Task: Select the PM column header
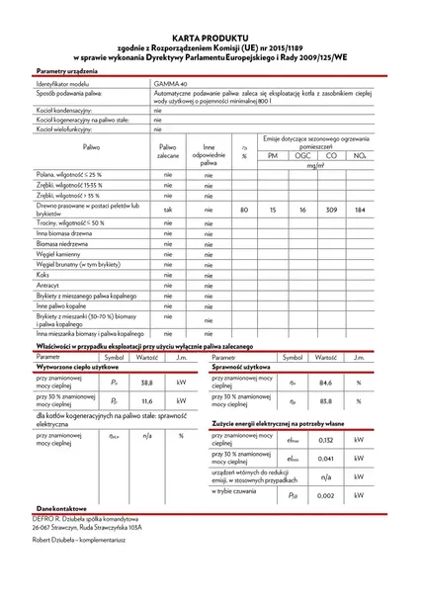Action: [x=274, y=156]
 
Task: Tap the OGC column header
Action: [x=302, y=156]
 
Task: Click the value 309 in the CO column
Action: [x=331, y=211]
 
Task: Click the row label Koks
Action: [x=45, y=275]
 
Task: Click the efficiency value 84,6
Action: [x=324, y=381]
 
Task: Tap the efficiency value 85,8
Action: [x=324, y=400]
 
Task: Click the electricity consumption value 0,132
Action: [x=325, y=439]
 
